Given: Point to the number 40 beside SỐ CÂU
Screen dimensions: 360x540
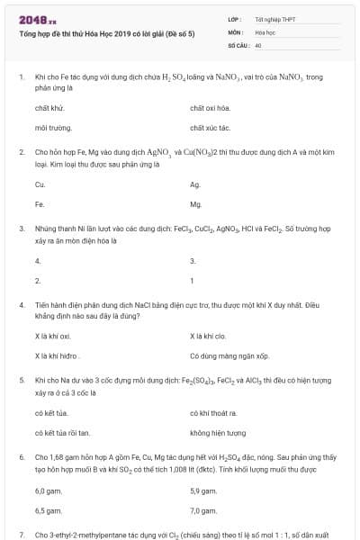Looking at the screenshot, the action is [258, 44].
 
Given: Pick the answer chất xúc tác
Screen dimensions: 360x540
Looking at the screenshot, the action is [210, 128].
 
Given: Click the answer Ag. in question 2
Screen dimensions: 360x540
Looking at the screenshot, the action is [195, 184].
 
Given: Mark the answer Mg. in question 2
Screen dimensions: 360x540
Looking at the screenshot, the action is [196, 204].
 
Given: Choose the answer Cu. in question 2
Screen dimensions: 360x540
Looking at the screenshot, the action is [40, 184].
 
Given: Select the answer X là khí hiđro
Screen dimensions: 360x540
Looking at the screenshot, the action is [57, 356].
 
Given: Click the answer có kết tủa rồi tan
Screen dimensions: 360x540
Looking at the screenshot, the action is [62, 433].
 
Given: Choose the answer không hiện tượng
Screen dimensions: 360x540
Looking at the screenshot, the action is [218, 433].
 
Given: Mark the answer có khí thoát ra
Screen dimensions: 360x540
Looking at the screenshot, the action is [213, 412].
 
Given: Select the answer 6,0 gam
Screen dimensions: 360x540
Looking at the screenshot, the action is [46, 490].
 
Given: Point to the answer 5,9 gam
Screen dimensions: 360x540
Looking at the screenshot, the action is [203, 490].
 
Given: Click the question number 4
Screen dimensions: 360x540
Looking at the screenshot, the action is [21, 304].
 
